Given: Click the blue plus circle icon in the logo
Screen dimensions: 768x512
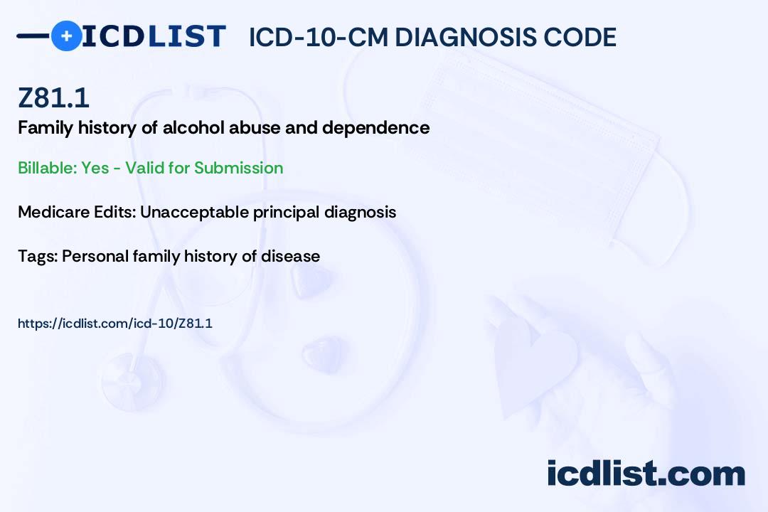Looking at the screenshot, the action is (x=66, y=36).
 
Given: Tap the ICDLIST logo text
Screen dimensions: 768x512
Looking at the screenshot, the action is (x=154, y=36).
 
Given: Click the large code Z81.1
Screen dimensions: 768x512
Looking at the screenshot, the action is (x=53, y=97).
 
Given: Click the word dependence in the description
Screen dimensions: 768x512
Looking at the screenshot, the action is (x=375, y=127).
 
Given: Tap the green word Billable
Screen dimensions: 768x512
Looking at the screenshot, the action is (x=47, y=168).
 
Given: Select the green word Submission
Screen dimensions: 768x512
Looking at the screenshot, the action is (x=238, y=168).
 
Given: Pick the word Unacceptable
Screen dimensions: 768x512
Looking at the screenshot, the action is (x=194, y=212).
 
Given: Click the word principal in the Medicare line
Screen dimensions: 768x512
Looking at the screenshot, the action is (x=286, y=212).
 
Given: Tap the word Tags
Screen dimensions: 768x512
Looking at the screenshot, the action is (x=38, y=256).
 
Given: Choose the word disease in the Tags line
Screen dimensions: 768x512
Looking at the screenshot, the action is (x=290, y=256).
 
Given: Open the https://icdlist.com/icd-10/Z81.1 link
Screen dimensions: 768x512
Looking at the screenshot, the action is (x=115, y=324).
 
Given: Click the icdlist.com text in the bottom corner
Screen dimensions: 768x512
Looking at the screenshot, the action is (x=646, y=473).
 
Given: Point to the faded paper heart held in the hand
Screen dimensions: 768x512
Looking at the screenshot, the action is (x=535, y=363).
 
